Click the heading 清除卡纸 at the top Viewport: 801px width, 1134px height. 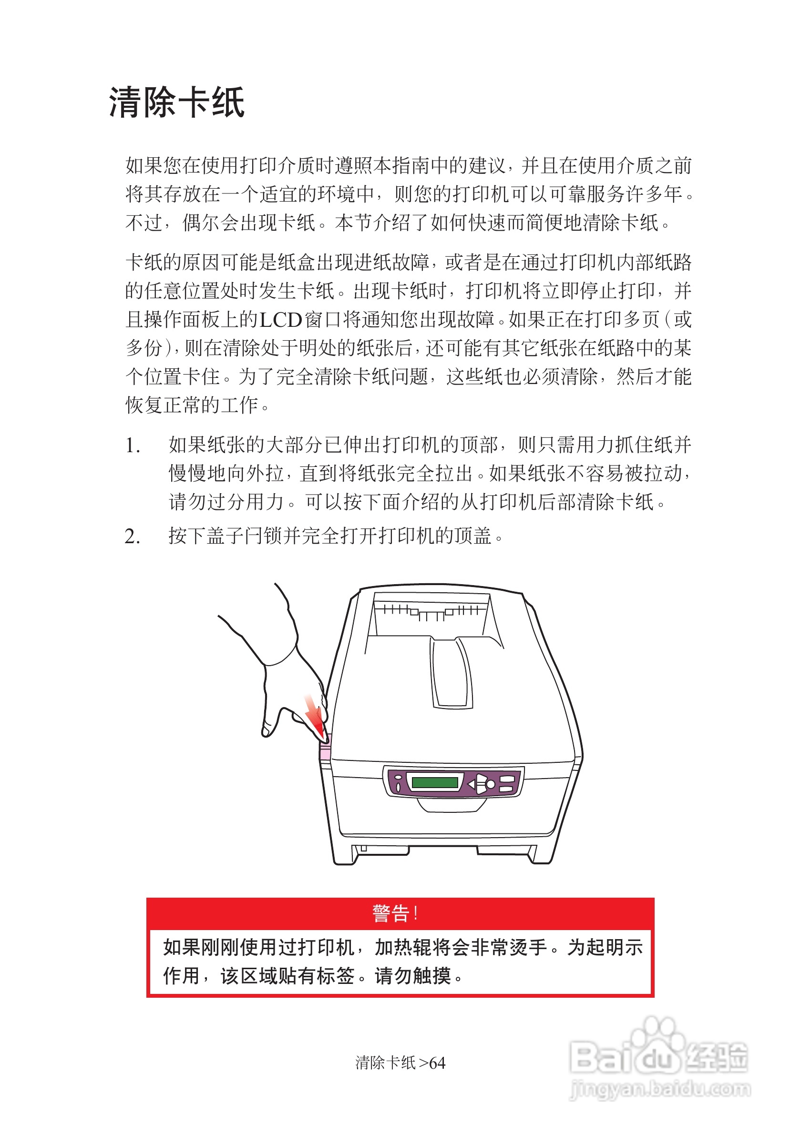coord(176,103)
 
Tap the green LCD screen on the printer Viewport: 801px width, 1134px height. coord(434,782)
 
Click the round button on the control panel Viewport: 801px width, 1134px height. coord(490,784)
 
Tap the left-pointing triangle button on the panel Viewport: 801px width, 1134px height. coord(472,784)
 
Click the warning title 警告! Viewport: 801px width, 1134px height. coord(395,913)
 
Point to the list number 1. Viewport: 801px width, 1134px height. coord(132,446)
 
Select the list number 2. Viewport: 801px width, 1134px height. coord(132,537)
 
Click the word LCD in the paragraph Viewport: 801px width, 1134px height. coord(281,320)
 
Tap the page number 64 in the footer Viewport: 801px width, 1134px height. coord(437,1063)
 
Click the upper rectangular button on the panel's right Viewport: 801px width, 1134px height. coord(508,779)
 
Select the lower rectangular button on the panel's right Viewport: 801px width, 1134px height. coord(507,789)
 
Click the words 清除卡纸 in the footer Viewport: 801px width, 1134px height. coord(385,1063)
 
